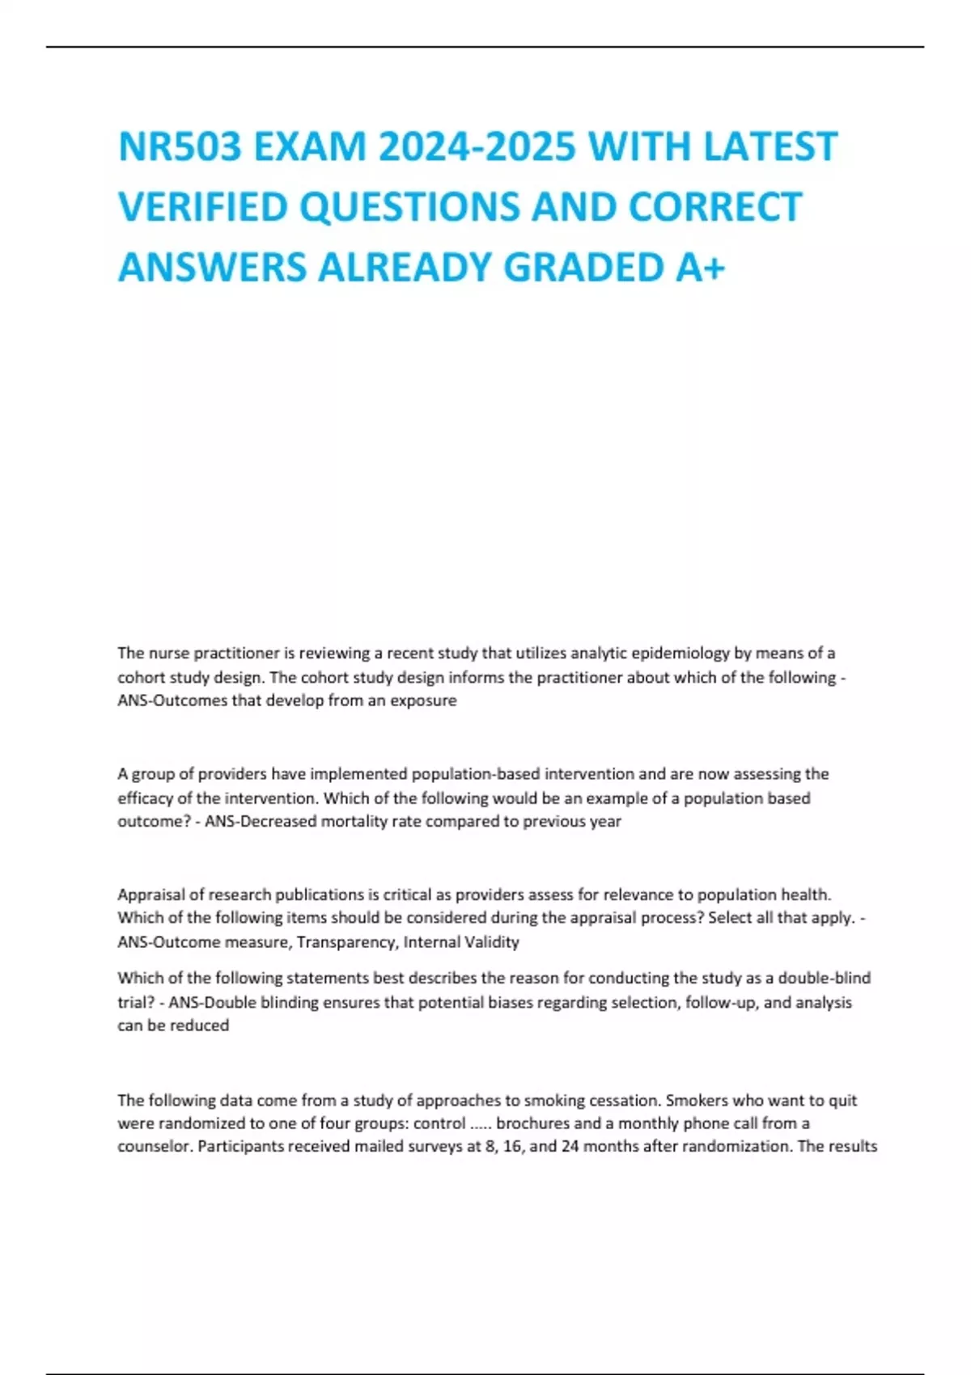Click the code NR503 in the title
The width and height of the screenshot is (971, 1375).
click(x=180, y=147)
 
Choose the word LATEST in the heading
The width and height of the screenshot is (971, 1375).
click(x=770, y=147)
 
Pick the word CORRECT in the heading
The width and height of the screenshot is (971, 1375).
click(x=715, y=207)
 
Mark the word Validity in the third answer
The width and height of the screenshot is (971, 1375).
click(x=492, y=941)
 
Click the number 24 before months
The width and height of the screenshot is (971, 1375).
click(x=570, y=1146)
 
